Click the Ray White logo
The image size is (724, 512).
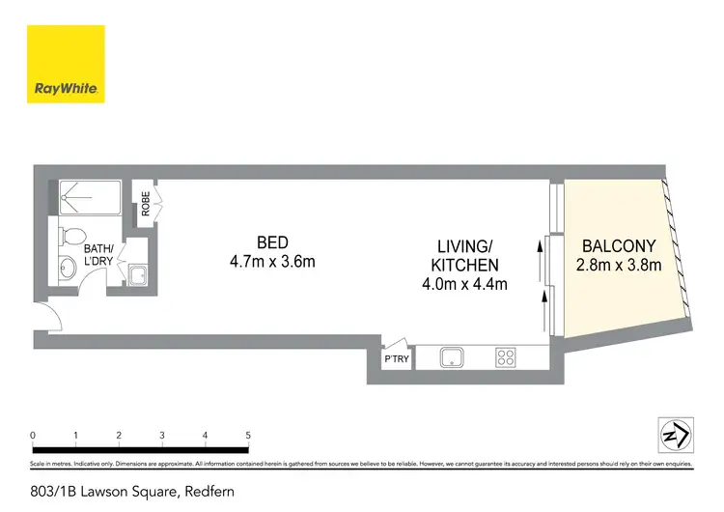(x=66, y=64)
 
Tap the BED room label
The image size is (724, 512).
(x=272, y=242)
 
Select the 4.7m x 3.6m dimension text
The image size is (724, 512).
(x=272, y=261)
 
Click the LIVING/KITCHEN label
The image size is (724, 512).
(x=464, y=255)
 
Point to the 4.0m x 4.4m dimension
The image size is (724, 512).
(x=464, y=284)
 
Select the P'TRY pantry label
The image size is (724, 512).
(x=397, y=359)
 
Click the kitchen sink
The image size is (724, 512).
(x=452, y=358)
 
